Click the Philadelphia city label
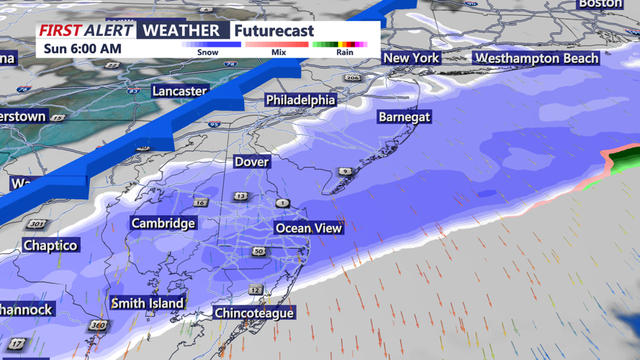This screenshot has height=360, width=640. pyautogui.click(x=301, y=100)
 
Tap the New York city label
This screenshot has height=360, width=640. pyautogui.click(x=411, y=58)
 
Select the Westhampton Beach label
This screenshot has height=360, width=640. pyautogui.click(x=537, y=58)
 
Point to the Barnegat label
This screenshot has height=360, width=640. pyautogui.click(x=405, y=117)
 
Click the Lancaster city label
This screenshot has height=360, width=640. pyautogui.click(x=180, y=91)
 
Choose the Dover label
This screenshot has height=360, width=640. pyautogui.click(x=252, y=162)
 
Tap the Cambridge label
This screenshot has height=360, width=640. pyautogui.click(x=163, y=223)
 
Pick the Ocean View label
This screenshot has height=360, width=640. pyautogui.click(x=309, y=228)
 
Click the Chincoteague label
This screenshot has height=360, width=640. pyautogui.click(x=254, y=313)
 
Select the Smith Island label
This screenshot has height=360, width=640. pyautogui.click(x=148, y=303)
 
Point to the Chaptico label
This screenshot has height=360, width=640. pyautogui.click(x=50, y=246)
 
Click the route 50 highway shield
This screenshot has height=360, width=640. pyautogui.click(x=258, y=251)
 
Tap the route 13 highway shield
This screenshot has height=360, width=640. pyautogui.click(x=240, y=196)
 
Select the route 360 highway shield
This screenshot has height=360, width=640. pyautogui.click(x=99, y=326)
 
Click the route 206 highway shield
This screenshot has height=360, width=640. pyautogui.click(x=352, y=78)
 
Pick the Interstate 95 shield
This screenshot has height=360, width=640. pyautogui.click(x=214, y=125)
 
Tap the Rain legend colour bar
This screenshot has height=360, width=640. pyautogui.click(x=340, y=45)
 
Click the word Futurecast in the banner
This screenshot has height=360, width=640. pyautogui.click(x=274, y=31)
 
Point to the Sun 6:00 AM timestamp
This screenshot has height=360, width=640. pyautogui.click(x=82, y=49)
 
